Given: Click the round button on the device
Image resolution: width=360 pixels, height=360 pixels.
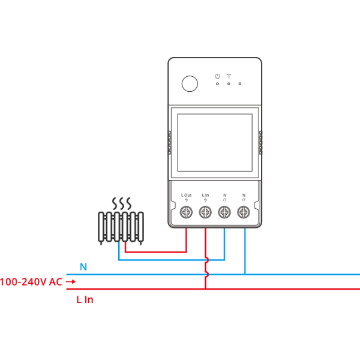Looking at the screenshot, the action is [190, 83].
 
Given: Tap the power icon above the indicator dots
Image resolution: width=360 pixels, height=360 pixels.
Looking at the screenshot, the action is [217, 76].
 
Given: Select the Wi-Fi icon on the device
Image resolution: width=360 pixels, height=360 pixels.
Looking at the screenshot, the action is [229, 76].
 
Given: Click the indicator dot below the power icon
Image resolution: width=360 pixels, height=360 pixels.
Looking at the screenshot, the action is [217, 84].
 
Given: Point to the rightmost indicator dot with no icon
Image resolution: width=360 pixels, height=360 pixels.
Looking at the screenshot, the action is [240, 84].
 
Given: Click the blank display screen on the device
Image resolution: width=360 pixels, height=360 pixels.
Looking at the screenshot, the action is [215, 143].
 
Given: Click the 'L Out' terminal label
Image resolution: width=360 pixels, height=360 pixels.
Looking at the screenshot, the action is [186, 195].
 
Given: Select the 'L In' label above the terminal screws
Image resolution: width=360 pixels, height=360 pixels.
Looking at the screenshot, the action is [205, 195].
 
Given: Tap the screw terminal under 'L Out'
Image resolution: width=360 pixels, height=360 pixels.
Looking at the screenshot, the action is [186, 212].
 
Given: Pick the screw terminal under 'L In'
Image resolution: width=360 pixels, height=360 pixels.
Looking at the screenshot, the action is [205, 212].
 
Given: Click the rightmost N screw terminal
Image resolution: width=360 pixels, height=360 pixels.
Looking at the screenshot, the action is [244, 212].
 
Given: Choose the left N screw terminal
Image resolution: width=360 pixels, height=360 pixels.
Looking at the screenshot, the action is [224, 212].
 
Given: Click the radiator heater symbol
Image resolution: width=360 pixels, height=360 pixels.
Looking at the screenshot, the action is [121, 227].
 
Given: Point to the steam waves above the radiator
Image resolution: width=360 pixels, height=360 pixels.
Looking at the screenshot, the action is [122, 203].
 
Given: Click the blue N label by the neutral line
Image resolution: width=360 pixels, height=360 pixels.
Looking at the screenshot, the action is [83, 267].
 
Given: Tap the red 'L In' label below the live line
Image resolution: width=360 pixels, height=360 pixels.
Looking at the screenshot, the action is [85, 299].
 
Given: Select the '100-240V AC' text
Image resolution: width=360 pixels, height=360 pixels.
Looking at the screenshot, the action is [31, 282].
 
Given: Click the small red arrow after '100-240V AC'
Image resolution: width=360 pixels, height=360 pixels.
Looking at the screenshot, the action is [71, 281].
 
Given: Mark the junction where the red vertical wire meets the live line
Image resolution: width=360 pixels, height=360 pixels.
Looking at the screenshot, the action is [205, 289].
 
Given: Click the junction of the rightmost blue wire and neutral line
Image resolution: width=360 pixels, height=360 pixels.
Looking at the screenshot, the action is [245, 274].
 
